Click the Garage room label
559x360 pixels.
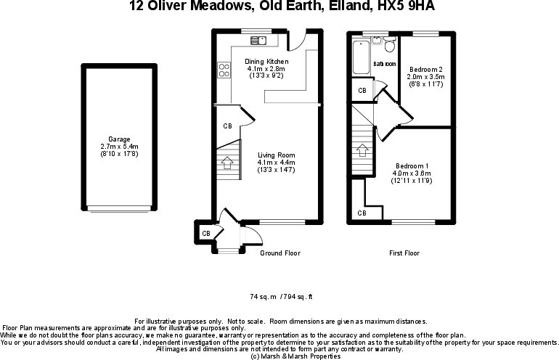coord(119,139)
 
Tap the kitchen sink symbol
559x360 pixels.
coord(258,40)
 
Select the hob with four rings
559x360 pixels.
coord(224,70)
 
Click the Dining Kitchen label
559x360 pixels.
coord(266,62)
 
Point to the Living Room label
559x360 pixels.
coord(277,155)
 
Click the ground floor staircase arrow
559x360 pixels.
coord(227,163)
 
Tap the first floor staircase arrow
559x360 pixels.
coord(362,150)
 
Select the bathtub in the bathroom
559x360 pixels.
coord(361,57)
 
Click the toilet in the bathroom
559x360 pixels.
coord(390,44)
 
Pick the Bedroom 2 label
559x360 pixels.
coord(425,70)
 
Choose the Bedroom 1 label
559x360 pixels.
coord(412,166)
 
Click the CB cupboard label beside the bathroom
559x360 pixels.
coord(362,91)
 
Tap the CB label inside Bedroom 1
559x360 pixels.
coord(362,213)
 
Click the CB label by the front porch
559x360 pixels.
coord(206,234)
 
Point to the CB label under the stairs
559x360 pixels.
coord(227,126)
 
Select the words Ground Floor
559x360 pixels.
coord(280,253)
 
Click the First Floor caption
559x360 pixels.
coord(404,253)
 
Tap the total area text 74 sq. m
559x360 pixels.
coord(264,297)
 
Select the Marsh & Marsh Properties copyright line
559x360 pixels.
coord(296,356)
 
